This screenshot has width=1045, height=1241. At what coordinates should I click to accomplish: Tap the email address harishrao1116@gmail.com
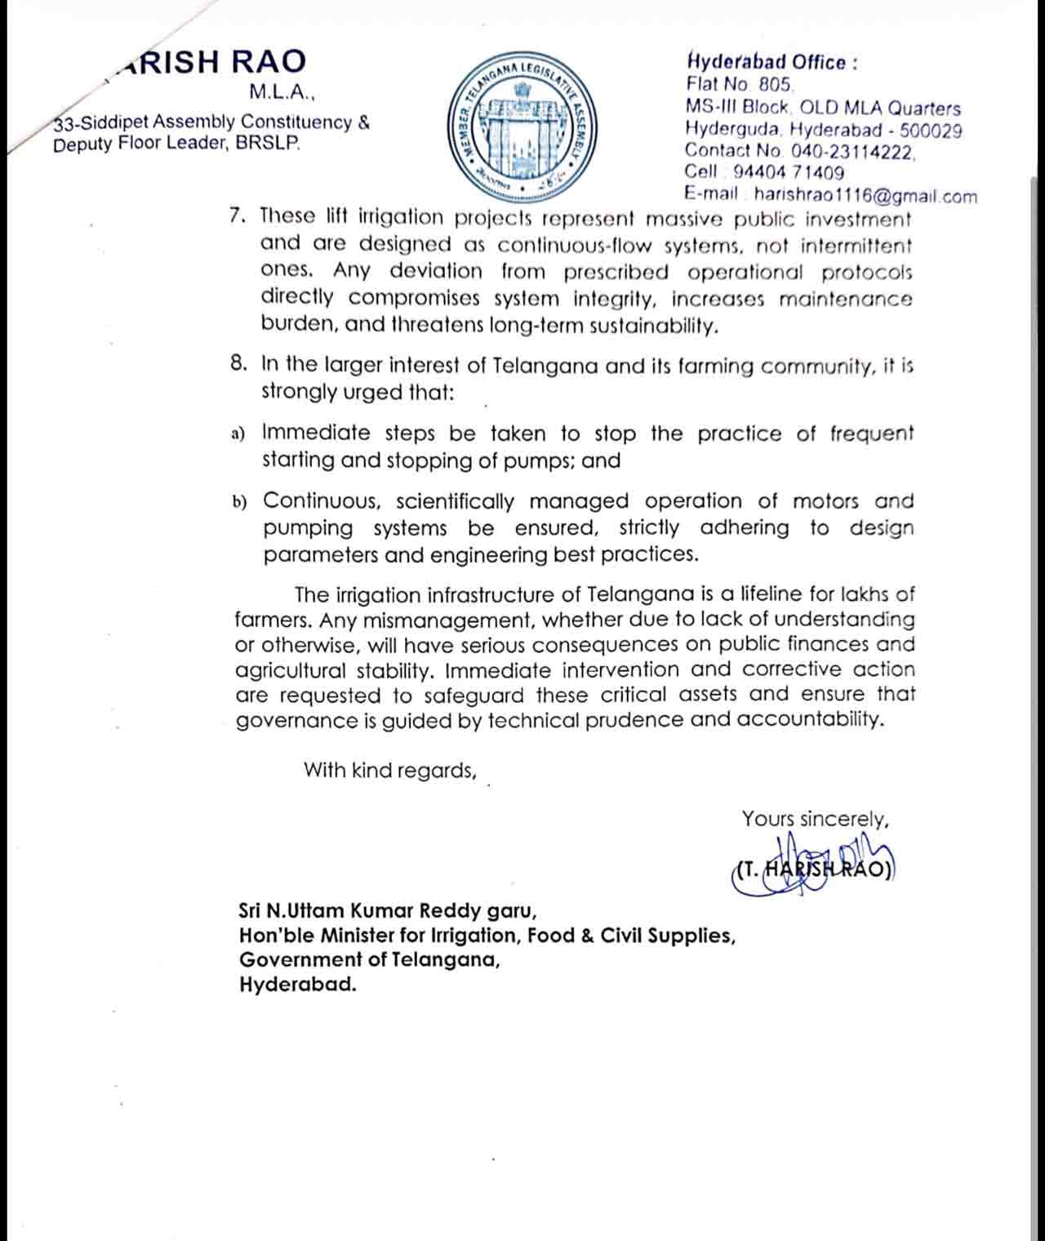865,195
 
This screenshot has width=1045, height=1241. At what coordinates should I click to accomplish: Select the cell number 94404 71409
788,172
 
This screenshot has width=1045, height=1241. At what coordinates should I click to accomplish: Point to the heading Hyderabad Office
771,62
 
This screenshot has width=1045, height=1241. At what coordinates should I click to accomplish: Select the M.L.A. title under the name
281,93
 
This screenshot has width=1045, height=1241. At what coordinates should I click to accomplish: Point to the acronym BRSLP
268,145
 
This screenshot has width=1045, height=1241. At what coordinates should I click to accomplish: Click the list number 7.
238,216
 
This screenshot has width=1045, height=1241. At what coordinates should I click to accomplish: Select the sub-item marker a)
238,434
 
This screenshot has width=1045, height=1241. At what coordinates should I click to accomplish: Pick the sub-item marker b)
239,502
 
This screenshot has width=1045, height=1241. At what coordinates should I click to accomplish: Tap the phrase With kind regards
389,770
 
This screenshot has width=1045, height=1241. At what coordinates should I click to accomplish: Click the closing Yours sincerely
814,819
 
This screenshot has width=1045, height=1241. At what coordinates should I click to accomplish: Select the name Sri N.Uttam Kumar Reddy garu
387,910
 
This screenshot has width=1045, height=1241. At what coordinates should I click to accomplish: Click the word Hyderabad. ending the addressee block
298,984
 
